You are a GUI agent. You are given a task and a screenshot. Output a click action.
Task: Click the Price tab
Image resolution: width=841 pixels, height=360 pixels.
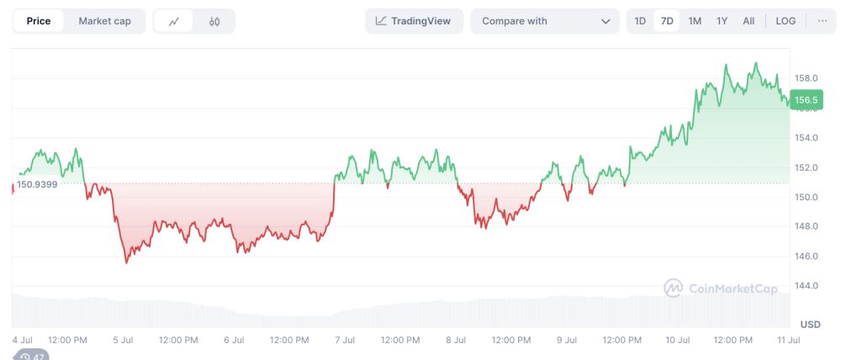pyautogui.click(x=39, y=21)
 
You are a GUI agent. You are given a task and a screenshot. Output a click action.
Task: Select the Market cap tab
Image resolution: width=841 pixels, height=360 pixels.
pyautogui.click(x=104, y=21)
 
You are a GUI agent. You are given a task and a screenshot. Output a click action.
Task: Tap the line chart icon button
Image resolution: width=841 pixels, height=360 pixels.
pyautogui.click(x=174, y=22)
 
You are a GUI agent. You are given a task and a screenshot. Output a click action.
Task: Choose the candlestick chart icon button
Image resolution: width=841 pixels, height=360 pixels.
pyautogui.click(x=214, y=22)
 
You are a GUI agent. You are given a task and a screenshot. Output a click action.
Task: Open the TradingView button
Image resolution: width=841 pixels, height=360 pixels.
pyautogui.click(x=414, y=21)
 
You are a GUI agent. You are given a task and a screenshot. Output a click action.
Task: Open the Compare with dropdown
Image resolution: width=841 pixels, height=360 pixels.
pyautogui.click(x=545, y=21)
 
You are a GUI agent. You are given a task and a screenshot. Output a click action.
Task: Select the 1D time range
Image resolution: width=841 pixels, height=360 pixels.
pyautogui.click(x=640, y=21)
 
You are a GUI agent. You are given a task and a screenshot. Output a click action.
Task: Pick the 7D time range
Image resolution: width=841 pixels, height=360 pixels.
pyautogui.click(x=667, y=21)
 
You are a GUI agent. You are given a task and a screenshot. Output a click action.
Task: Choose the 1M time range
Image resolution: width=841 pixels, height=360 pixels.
pyautogui.click(x=695, y=21)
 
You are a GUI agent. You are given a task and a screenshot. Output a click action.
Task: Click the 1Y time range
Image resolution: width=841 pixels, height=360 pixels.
pyautogui.click(x=722, y=21)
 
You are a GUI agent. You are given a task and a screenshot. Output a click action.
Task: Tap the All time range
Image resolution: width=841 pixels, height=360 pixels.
pyautogui.click(x=748, y=21)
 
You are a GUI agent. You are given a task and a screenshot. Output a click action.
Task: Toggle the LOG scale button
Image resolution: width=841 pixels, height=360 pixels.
pyautogui.click(x=785, y=21)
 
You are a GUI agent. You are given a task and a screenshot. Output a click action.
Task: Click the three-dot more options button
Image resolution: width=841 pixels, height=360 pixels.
pyautogui.click(x=822, y=21)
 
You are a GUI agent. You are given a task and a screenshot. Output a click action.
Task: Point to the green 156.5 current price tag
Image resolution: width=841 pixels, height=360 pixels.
pyautogui.click(x=805, y=99)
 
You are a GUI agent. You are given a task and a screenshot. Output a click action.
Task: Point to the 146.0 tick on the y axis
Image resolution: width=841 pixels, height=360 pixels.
pyautogui.click(x=806, y=256)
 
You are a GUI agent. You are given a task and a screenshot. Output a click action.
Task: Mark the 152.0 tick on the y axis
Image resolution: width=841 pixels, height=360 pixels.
pyautogui.click(x=806, y=167)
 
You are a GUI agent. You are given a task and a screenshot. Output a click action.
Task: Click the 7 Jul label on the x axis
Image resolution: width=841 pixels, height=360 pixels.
pyautogui.click(x=344, y=340)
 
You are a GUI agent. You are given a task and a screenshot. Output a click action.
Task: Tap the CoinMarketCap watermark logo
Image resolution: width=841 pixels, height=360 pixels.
pyautogui.click(x=721, y=289)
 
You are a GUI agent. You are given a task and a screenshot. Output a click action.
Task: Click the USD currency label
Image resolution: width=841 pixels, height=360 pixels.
pyautogui.click(x=810, y=324)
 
